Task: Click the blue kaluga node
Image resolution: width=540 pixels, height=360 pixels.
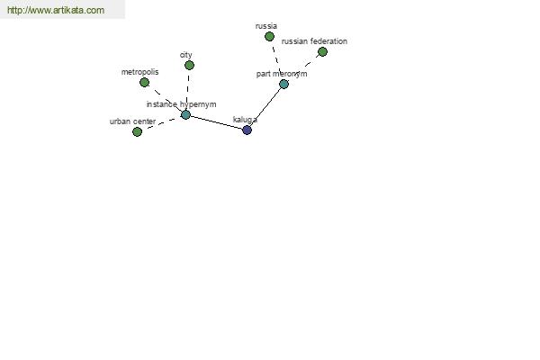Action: coord(247,130)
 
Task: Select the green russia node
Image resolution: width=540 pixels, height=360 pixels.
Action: coord(269,36)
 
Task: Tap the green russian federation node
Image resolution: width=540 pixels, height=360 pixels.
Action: coord(322,51)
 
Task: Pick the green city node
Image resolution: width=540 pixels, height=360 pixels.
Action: coord(189,65)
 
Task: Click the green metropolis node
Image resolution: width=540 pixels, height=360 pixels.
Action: coord(144,82)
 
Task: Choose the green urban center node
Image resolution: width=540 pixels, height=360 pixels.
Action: coord(137,131)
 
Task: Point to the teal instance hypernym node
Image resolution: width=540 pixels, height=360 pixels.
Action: coord(185,114)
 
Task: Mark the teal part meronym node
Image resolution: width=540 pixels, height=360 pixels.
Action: coord(283,84)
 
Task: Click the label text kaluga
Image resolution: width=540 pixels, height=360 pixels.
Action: coord(245,120)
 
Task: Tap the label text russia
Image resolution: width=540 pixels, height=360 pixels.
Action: coord(266,26)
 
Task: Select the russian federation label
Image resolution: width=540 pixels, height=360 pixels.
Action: coord(314,41)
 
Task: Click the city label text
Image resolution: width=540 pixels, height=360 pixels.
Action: coord(186,55)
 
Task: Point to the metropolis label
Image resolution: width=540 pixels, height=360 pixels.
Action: coord(139,72)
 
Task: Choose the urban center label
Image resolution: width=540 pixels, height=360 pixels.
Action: coord(132,121)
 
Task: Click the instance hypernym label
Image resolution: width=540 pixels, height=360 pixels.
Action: coord(182,104)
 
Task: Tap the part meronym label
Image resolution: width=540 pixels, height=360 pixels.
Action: coord(282,74)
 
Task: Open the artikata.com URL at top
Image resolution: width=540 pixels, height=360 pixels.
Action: coord(56,10)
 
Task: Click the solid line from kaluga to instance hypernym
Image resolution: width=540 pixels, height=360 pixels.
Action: coord(216,122)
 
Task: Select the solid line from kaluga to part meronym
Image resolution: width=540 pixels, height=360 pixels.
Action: coord(265,107)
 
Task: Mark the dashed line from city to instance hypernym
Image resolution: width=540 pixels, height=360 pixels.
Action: coord(188,90)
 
